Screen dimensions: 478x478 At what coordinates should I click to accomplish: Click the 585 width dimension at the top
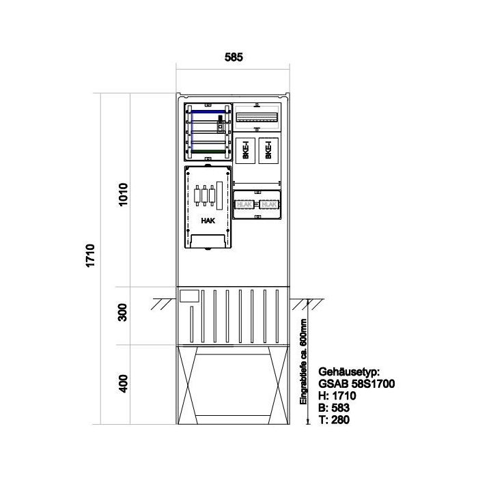coord(234,58)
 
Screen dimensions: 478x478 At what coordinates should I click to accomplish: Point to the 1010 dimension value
coord(124,196)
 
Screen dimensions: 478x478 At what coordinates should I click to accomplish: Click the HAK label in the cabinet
coord(207,221)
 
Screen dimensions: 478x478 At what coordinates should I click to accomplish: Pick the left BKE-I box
coord(246,150)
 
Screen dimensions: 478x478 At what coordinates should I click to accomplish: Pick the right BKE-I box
coord(268,150)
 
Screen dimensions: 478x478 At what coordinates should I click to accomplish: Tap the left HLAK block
coord(243,203)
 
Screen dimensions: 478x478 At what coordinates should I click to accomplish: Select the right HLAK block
coord(269,203)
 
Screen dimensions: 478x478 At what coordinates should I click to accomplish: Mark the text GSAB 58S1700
coord(356,384)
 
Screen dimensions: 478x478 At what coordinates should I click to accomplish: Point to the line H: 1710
coord(336,396)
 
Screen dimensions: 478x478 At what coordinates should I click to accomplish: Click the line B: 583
coord(334,408)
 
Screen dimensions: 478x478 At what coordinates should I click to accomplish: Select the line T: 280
coord(334,419)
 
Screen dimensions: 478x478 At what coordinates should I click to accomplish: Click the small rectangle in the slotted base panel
coord(188,296)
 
